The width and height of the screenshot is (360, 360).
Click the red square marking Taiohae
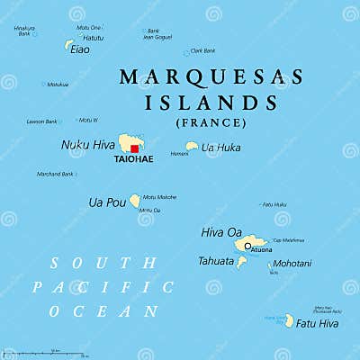tap(134, 148)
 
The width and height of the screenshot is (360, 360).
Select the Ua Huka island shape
tap(191, 147)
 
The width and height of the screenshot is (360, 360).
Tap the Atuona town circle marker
tap(247, 245)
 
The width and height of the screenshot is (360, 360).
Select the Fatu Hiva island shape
tap(289, 320)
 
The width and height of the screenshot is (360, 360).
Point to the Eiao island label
tap(80, 49)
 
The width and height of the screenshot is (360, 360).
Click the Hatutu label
tap(93, 38)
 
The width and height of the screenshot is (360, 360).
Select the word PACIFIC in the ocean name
tap(103, 287)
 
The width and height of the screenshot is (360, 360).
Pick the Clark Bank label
tap(202, 50)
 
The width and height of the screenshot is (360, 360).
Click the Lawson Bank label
tap(42, 121)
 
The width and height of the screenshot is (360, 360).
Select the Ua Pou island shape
tap(135, 201)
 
